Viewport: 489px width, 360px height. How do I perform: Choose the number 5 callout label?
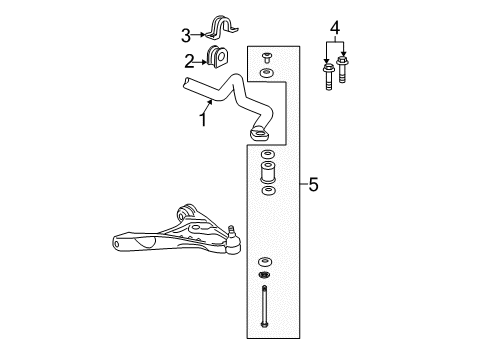[313, 184]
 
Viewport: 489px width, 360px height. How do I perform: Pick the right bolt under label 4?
[343, 73]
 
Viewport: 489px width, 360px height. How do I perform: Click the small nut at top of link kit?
[265, 56]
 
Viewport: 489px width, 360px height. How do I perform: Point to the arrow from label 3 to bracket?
[198, 36]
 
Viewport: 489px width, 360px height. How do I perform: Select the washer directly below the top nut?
[265, 74]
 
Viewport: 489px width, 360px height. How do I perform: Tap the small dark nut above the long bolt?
[265, 274]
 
